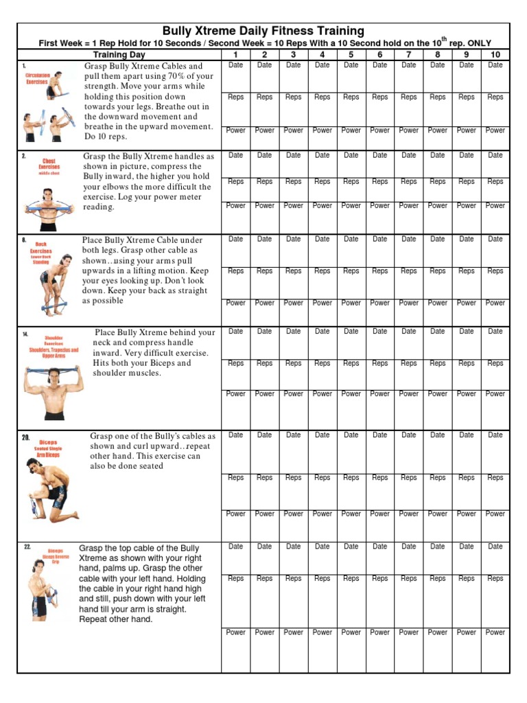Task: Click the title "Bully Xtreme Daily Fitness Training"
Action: pyautogui.click(x=263, y=31)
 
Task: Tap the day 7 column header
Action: pyautogui.click(x=408, y=54)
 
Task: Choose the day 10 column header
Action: pyautogui.click(x=495, y=54)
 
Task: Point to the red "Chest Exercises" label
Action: pyautogui.click(x=49, y=165)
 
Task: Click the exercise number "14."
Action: pyautogui.click(x=25, y=334)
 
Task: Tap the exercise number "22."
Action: pyautogui.click(x=27, y=547)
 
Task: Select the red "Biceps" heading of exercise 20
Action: pyautogui.click(x=49, y=443)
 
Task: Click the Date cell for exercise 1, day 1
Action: pyautogui.click(x=235, y=65)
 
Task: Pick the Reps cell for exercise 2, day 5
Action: pyautogui.click(x=351, y=182)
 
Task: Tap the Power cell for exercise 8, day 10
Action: pyautogui.click(x=495, y=303)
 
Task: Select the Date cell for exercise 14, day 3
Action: pyautogui.click(x=293, y=332)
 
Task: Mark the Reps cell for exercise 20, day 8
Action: pyautogui.click(x=437, y=478)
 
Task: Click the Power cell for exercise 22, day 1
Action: pyautogui.click(x=235, y=632)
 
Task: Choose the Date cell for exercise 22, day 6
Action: pyautogui.click(x=379, y=546)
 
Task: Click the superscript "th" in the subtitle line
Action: pyautogui.click(x=443, y=39)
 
